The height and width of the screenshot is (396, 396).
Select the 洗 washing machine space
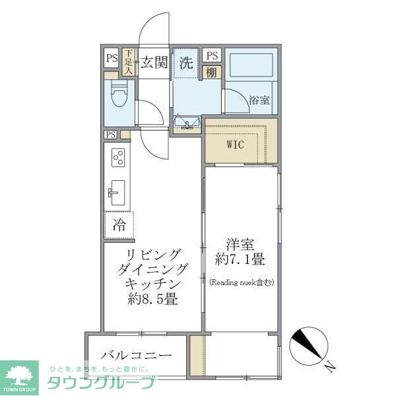186,63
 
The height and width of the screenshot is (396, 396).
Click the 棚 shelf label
211,73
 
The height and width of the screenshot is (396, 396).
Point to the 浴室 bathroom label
259,100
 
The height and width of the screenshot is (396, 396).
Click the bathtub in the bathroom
251,67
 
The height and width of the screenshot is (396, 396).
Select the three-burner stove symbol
119,159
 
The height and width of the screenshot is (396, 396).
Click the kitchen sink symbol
116,192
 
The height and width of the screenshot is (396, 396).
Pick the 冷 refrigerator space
119,224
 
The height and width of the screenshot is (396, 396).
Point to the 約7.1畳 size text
240,261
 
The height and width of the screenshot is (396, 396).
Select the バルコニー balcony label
137,355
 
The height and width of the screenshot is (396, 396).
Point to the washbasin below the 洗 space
187,122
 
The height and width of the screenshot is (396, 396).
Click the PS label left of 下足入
111,57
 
